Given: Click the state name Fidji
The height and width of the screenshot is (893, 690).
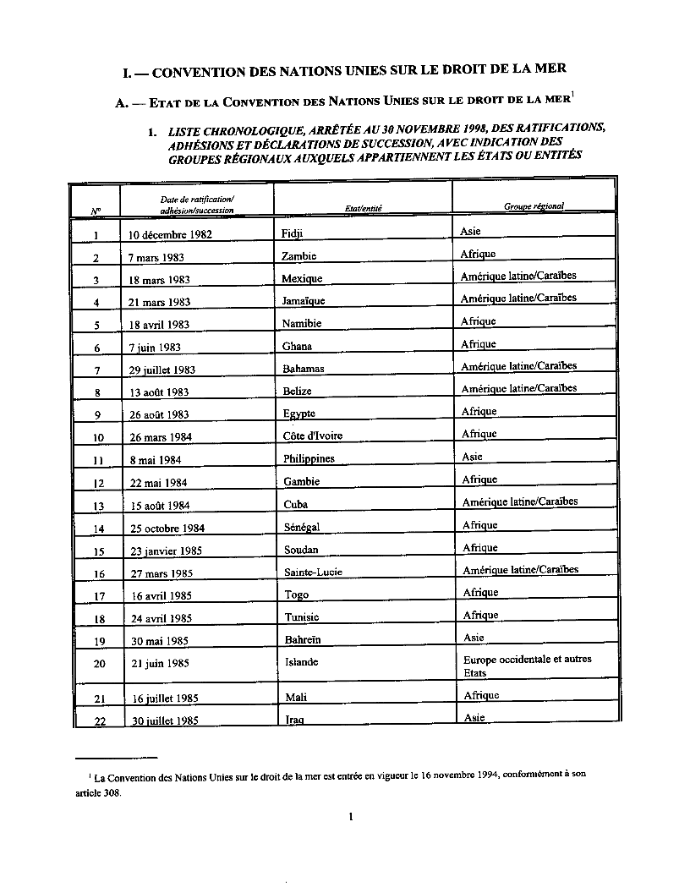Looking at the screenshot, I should click(291, 233).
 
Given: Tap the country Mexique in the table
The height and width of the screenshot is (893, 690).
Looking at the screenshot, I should click(302, 278).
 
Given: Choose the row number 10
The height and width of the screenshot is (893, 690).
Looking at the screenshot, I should click(99, 437).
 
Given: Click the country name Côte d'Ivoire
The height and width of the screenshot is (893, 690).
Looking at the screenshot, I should click(315, 436).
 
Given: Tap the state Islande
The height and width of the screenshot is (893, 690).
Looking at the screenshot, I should click(302, 662).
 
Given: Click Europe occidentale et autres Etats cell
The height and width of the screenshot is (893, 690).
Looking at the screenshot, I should click(527, 666).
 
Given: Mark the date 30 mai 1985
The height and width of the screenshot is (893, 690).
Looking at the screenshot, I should click(158, 641).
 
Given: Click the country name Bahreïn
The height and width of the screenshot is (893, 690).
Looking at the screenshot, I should click(303, 639).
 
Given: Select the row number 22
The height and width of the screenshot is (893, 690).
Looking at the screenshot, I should click(99, 721).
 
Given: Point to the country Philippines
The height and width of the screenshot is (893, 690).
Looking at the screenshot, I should click(309, 458).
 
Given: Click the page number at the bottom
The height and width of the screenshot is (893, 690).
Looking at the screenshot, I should click(349, 816).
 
